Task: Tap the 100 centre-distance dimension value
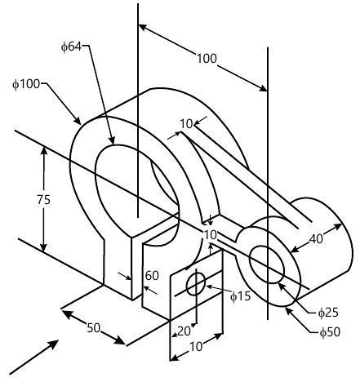point(207,58)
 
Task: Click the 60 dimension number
point(151,276)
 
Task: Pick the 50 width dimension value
point(94,327)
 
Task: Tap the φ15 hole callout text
point(240,295)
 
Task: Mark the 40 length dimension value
point(317,238)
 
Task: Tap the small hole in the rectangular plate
point(196,285)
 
